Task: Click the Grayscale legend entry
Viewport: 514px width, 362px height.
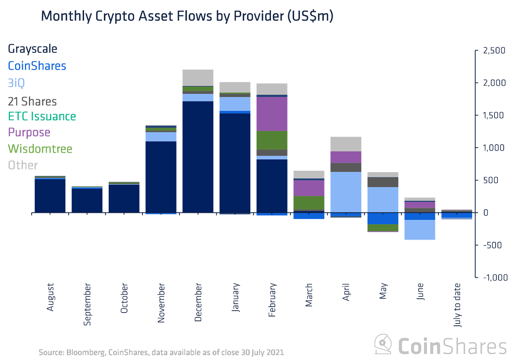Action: (x=32, y=49)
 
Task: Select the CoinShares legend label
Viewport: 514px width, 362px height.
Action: (x=37, y=66)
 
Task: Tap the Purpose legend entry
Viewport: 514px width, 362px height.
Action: (x=29, y=132)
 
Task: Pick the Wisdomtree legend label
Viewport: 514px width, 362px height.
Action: (x=40, y=149)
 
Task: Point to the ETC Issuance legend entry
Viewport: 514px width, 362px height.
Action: (x=42, y=116)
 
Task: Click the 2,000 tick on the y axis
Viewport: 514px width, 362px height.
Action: (x=494, y=83)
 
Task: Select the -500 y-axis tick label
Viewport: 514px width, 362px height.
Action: (x=492, y=245)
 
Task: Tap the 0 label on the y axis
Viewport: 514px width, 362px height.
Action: (x=486, y=213)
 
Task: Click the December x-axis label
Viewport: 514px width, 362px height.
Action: (x=198, y=302)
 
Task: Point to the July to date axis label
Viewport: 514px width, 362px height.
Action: (x=457, y=305)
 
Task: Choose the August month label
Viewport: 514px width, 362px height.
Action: (x=50, y=297)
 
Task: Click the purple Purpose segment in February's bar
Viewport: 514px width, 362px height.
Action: (x=272, y=114)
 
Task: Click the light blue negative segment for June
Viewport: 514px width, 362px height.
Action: (x=420, y=230)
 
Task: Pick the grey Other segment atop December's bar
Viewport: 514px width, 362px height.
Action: (x=198, y=77)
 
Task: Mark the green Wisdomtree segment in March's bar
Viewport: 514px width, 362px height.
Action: (x=309, y=203)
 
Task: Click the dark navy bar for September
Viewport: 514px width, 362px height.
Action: (x=87, y=200)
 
